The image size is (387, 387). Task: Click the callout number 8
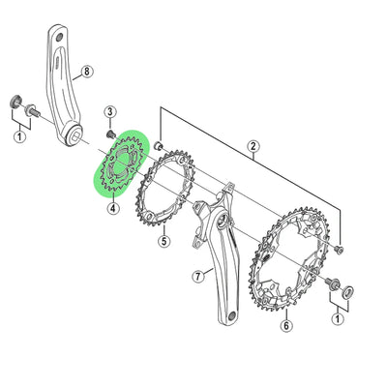tap(86, 71)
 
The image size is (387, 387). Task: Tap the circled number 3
tap(110, 112)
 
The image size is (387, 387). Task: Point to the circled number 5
tap(165, 242)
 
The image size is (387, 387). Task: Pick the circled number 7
tap(197, 276)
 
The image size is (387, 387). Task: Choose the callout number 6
tap(286, 326)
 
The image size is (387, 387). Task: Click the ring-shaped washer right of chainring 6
tap(345, 289)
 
